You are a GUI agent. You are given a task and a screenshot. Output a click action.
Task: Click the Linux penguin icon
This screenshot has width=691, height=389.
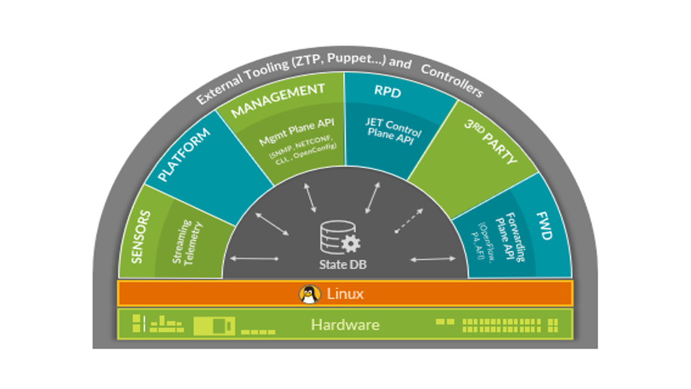click(310, 294)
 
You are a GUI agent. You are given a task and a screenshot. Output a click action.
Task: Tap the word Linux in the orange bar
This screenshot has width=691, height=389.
click(345, 293)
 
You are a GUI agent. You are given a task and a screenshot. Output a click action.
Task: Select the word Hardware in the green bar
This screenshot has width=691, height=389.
click(345, 325)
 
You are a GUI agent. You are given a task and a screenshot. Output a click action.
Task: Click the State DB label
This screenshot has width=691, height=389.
click(343, 265)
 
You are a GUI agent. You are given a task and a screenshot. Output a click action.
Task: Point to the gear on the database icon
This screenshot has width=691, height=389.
click(351, 243)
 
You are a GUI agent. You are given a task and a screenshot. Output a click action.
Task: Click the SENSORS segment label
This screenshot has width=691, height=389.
click(141, 237)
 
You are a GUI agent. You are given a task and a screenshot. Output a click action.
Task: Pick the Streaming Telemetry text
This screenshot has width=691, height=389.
click(187, 243)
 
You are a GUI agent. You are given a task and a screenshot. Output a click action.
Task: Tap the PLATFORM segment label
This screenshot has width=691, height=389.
click(184, 154)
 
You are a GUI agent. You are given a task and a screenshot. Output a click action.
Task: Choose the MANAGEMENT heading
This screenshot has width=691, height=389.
click(278, 100)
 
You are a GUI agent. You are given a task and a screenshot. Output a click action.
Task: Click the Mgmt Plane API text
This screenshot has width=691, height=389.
click(297, 132)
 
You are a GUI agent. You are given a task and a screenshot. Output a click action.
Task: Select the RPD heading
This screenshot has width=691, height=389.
click(388, 92)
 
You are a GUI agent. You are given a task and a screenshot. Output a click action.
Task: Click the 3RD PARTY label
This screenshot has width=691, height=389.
click(491, 142)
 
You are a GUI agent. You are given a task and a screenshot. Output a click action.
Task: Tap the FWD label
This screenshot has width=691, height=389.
click(545, 226)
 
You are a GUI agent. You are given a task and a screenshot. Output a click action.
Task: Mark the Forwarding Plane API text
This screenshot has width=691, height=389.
click(510, 236)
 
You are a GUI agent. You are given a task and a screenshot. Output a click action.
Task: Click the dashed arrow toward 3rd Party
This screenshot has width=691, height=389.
click(409, 221)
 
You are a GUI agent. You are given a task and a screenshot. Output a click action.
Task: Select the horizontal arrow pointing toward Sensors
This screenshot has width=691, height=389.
click(255, 259)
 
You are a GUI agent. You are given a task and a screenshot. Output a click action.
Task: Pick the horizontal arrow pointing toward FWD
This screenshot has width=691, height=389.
click(433, 259)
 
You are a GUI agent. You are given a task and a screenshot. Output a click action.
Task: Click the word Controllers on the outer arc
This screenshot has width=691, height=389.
click(452, 81)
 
